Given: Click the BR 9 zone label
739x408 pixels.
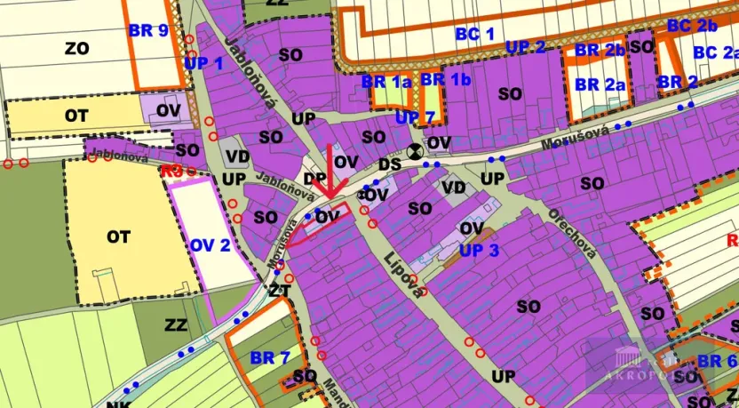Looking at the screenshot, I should [x=147, y=30].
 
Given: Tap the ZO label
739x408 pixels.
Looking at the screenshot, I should [x=77, y=49].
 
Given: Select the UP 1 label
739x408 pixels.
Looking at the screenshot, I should [x=203, y=63].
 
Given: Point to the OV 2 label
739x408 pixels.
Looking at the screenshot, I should [x=211, y=244].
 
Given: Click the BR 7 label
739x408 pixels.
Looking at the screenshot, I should [x=270, y=358].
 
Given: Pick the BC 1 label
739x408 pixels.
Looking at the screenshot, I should [x=475, y=35].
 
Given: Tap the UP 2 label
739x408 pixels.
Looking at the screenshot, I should [x=526, y=46].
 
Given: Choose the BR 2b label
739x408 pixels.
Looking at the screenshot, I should [x=600, y=51].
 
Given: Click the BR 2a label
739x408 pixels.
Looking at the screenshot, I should [x=600, y=84].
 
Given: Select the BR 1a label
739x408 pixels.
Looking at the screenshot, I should [x=387, y=81].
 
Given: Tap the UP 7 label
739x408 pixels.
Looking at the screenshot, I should [x=415, y=117].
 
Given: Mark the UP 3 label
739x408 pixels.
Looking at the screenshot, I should [x=480, y=251].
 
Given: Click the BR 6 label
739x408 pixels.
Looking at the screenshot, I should [x=716, y=362].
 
